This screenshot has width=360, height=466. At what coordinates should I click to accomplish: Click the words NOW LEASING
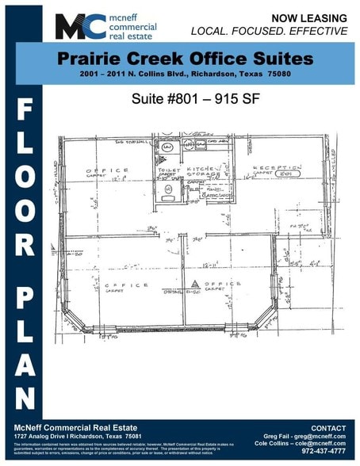pos(309,17)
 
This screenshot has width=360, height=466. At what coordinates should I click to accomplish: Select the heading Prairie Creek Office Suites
pos(186,59)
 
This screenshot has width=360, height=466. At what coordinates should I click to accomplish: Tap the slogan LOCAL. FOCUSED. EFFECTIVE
pos(270,31)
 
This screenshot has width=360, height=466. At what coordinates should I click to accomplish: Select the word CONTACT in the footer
pos(327,428)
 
